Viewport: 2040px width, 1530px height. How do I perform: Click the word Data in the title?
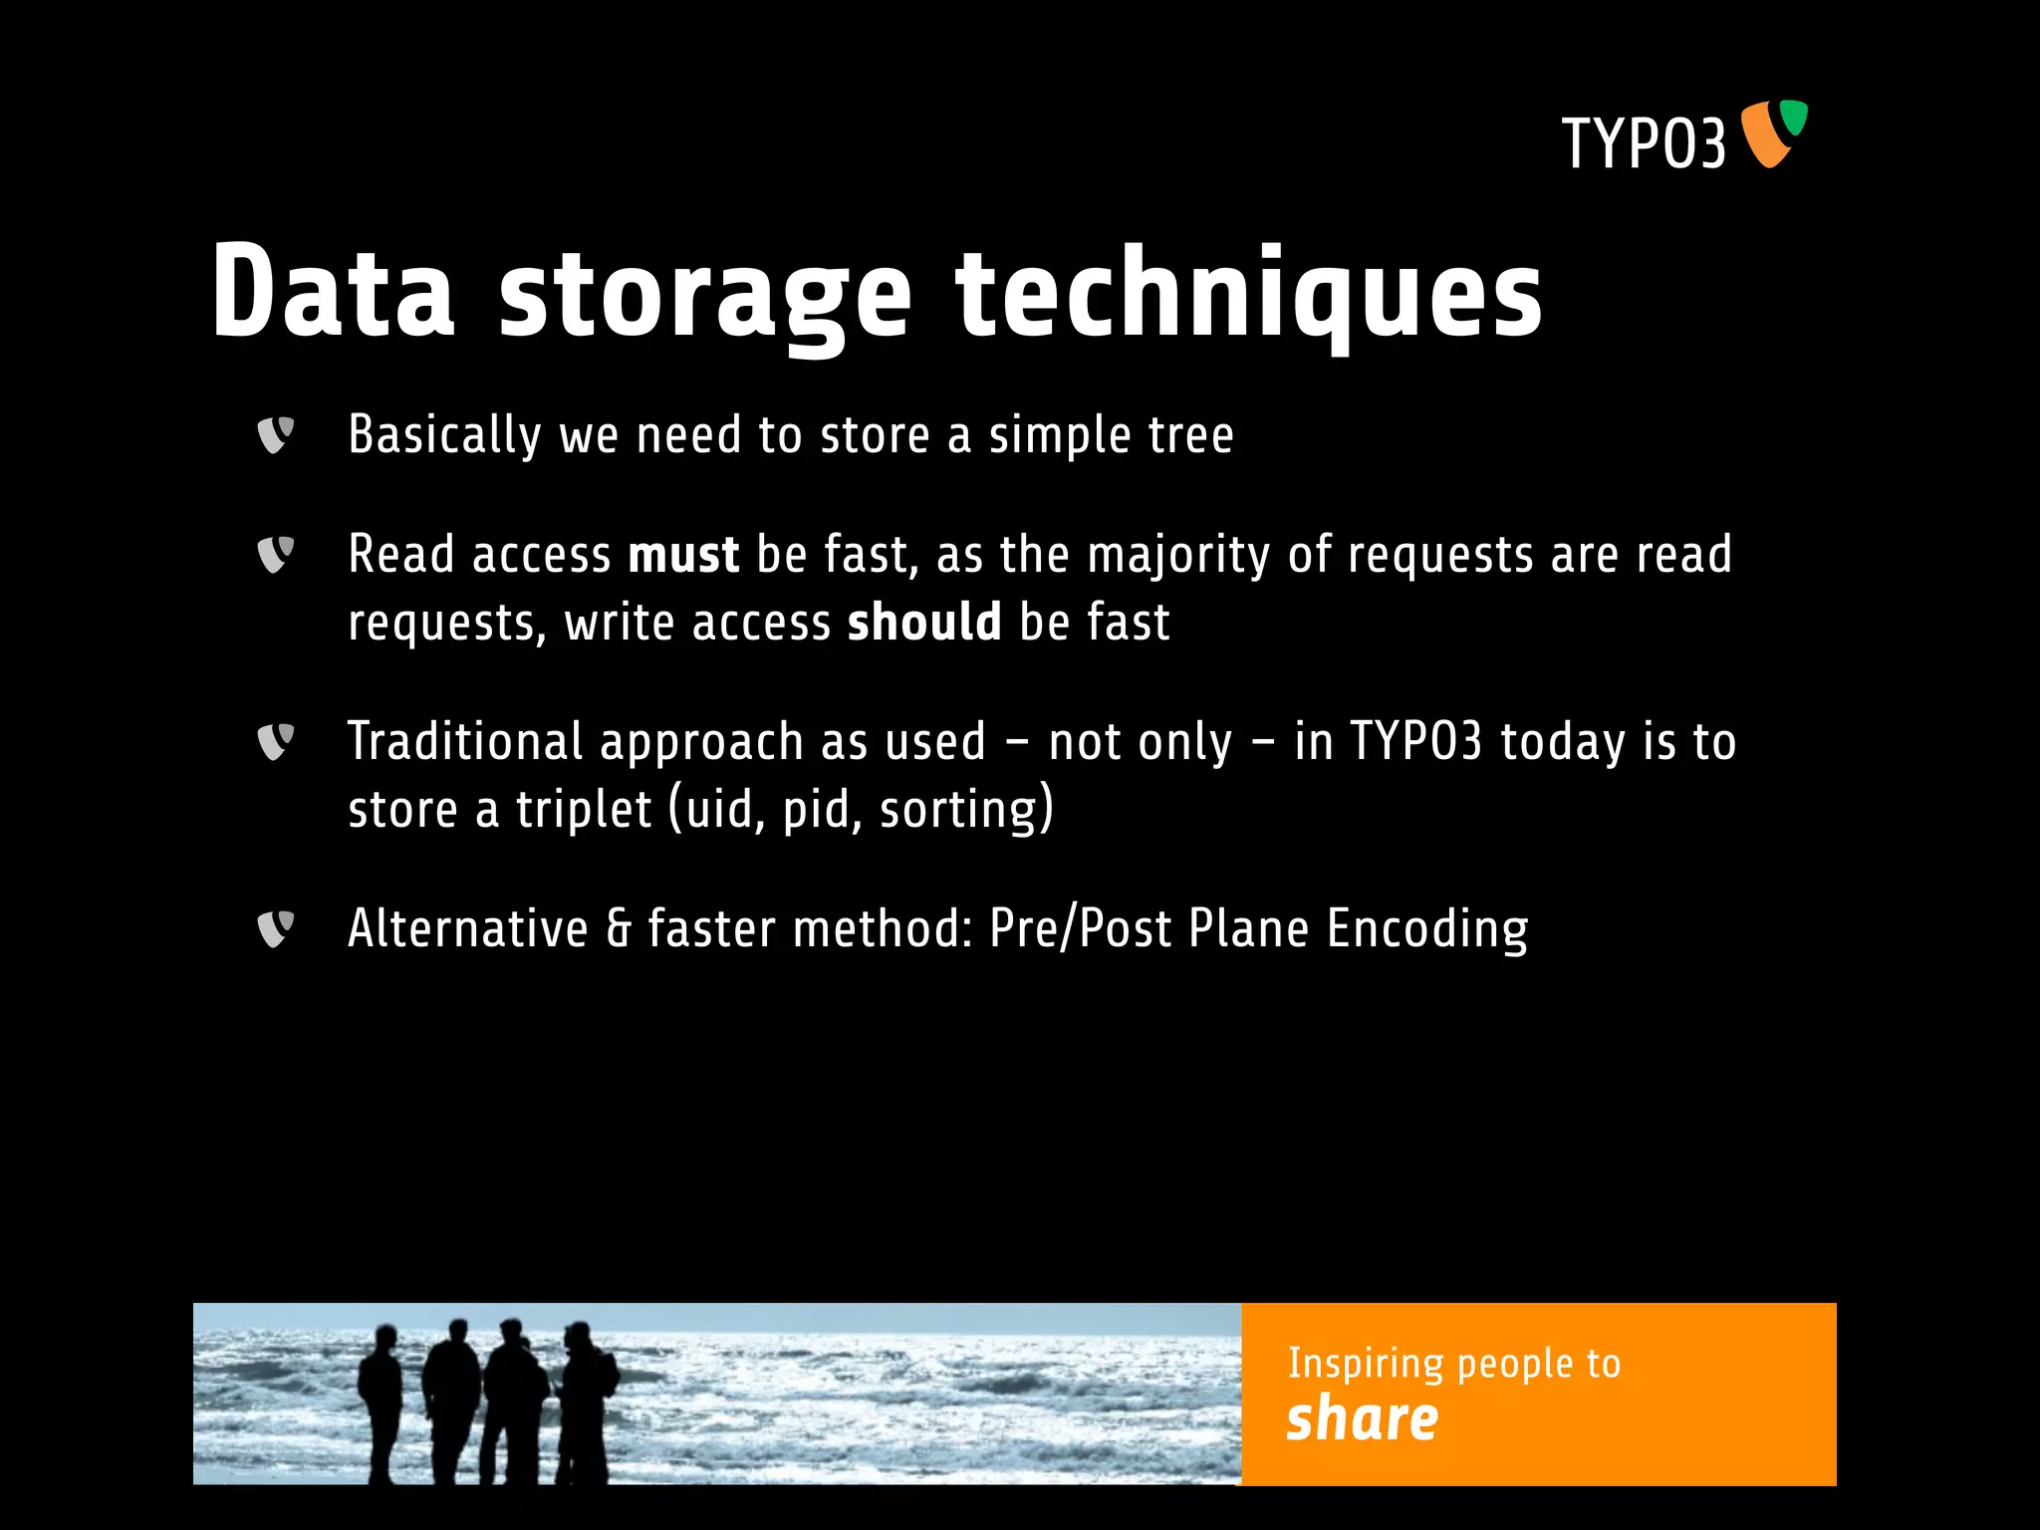coord(333,292)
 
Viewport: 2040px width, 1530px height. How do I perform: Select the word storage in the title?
coord(704,296)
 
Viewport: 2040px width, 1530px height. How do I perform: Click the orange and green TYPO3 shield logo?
coord(1773,132)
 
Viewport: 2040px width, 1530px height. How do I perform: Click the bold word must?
coord(683,555)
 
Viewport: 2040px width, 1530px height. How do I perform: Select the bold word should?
coord(923,623)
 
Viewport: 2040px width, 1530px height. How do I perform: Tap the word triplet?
coord(584,809)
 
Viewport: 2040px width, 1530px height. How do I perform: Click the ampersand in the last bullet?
coord(619,928)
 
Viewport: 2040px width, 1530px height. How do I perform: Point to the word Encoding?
coord(1426,929)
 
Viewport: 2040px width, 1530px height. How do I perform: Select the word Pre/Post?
coord(1080,928)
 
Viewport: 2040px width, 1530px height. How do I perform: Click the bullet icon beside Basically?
coord(275,435)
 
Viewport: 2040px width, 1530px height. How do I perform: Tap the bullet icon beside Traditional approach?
coord(275,741)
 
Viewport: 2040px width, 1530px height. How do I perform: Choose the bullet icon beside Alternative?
coord(275,928)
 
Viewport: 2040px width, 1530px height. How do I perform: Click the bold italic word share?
coord(1362,1418)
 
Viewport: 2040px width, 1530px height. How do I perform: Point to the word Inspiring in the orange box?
coord(1365,1363)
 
